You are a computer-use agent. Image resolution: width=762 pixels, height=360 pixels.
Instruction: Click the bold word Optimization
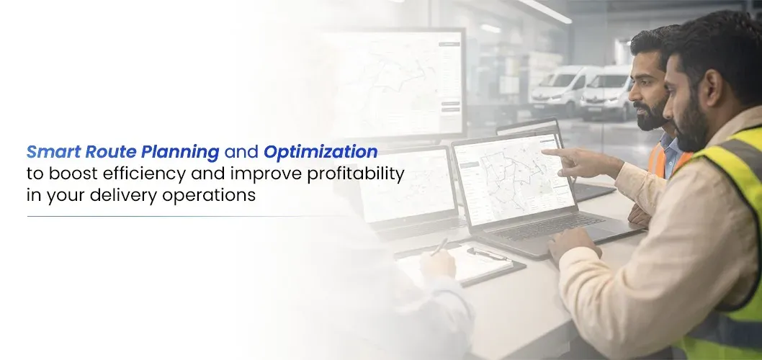tap(321, 152)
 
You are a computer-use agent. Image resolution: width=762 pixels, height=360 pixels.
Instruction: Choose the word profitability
tap(355, 174)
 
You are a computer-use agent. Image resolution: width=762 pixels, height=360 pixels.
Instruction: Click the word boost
tap(73, 174)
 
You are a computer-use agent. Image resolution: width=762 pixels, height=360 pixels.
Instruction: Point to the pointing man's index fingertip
tap(544, 152)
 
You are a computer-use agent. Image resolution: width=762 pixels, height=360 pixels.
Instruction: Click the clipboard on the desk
tap(462, 262)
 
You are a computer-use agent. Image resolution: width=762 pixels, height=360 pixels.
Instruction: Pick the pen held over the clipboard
tap(439, 246)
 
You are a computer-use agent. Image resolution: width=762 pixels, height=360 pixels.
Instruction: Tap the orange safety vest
tap(665, 158)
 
